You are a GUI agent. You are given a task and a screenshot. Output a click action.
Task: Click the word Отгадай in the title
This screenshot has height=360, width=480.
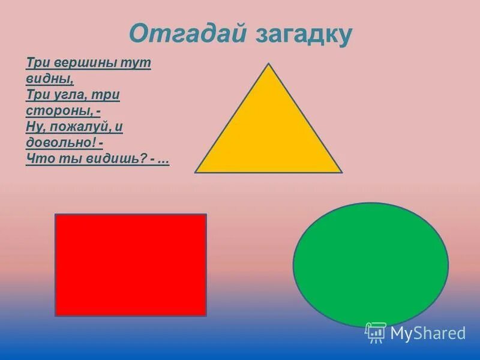point(187,34)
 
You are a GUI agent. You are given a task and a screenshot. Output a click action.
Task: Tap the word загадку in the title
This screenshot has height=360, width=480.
point(304,34)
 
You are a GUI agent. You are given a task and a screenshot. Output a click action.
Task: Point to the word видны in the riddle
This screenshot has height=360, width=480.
point(49,79)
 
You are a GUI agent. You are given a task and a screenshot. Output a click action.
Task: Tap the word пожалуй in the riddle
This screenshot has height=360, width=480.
point(82,127)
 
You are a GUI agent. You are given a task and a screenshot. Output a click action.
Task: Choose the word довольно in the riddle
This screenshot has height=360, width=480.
point(60,143)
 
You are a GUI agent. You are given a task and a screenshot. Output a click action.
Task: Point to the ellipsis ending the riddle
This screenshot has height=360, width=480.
point(163,160)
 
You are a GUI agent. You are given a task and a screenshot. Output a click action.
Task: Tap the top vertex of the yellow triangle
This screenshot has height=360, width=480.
point(269,64)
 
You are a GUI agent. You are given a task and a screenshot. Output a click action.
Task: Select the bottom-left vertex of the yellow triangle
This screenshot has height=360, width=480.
point(196,172)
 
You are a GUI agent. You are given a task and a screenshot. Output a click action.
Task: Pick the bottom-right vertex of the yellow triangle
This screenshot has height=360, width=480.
point(341,172)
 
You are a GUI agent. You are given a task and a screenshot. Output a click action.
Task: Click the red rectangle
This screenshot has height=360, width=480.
point(131,265)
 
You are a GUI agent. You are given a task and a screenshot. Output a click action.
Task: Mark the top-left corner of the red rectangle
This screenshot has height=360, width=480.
point(56,215)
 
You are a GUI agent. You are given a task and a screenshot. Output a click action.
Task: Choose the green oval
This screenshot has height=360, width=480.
point(370,265)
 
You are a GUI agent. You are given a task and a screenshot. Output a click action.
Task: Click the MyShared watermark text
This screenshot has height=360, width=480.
point(428,333)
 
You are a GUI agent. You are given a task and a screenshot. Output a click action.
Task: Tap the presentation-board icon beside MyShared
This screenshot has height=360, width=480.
point(376,333)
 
